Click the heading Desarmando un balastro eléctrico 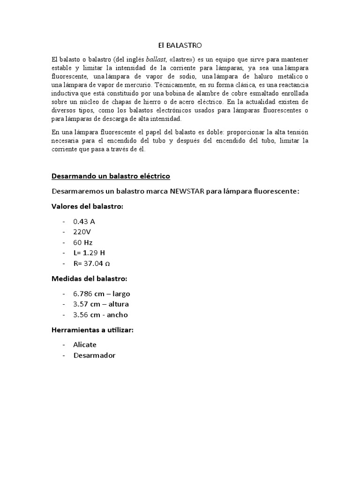(x=110, y=176)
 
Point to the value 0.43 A (x=84, y=221)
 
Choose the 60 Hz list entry (x=83, y=242)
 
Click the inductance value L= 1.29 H (x=89, y=253)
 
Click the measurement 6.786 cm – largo (x=101, y=294)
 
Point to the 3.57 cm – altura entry (x=101, y=304)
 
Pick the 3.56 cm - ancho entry (x=100, y=315)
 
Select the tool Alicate (x=85, y=345)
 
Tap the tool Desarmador (x=94, y=355)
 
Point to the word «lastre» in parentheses (x=183, y=60)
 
